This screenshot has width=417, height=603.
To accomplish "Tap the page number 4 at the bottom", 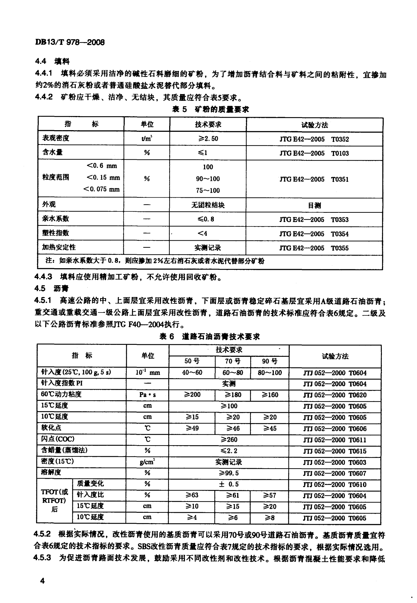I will tap(42, 581).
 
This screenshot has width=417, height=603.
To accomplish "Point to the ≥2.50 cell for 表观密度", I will tap(208, 139).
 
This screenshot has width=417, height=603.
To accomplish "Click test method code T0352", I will tap(340, 139).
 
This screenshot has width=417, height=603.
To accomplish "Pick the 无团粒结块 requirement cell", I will tap(208, 205).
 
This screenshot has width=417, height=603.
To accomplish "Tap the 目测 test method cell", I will tap(314, 206).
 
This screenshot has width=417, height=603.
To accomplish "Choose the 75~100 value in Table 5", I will tap(208, 190).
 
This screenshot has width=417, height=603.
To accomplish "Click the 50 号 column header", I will tap(192, 361).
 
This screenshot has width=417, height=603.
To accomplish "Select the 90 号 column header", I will tap(270, 361).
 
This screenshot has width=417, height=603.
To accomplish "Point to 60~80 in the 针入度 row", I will tap(233, 373).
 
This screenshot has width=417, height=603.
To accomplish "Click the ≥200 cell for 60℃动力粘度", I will tap(192, 395).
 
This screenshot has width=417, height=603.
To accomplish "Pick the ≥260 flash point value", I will tap(229, 439).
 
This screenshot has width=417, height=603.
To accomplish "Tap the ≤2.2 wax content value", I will tap(229, 451).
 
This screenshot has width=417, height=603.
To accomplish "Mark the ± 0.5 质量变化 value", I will tap(229, 484).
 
